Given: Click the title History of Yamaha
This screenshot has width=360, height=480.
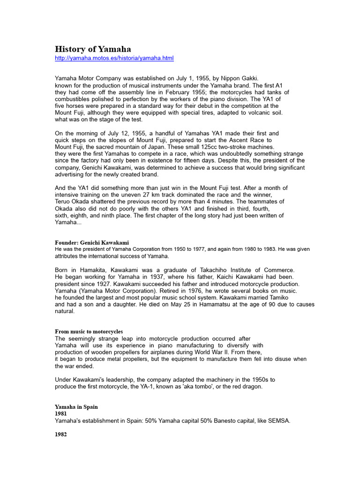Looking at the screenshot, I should coord(93,49).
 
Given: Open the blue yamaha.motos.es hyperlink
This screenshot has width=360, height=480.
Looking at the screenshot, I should coord(114,58).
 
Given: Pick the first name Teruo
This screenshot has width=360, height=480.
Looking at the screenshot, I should coord(64,195).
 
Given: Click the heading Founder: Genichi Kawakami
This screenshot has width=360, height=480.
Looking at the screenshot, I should coord(92,242).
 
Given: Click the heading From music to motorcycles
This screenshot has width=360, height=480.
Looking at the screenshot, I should coord(89,331).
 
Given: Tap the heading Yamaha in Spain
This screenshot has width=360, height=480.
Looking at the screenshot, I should coord(76,406).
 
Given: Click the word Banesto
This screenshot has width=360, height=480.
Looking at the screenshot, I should coord(216,420).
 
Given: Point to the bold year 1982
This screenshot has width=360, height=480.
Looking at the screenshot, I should coord(61,435).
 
